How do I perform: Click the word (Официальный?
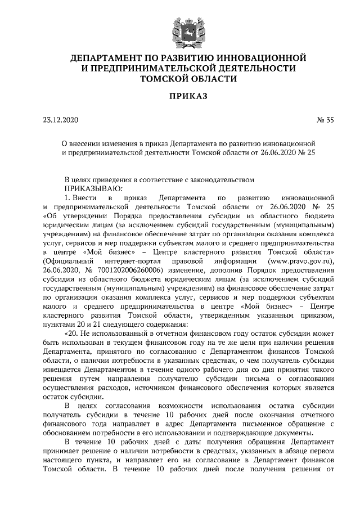(x=67, y=262)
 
